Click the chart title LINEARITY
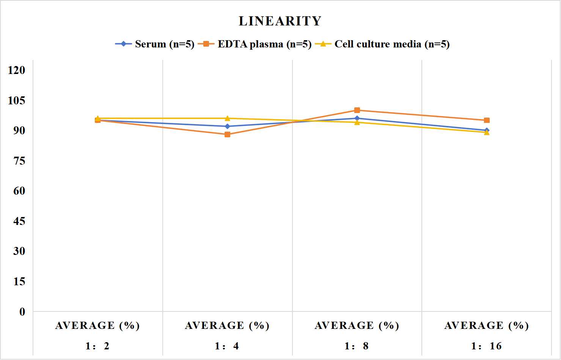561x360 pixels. click(280, 21)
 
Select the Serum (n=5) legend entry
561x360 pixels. click(155, 44)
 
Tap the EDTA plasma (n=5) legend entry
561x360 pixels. click(255, 44)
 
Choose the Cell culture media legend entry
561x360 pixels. click(382, 44)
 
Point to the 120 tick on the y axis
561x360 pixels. click(17, 70)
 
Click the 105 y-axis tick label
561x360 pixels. click(17, 101)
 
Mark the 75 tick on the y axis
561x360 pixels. click(19, 161)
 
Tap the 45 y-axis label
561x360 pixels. click(19, 221)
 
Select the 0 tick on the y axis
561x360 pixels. click(22, 312)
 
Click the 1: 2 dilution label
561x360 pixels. click(97, 346)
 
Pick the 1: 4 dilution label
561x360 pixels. click(227, 346)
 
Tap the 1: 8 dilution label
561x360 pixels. click(357, 346)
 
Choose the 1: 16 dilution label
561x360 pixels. click(486, 346)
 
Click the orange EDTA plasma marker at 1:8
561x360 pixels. click(357, 110)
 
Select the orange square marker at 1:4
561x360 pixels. click(228, 135)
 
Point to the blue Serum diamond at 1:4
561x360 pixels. click(228, 126)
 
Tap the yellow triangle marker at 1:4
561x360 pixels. click(228, 118)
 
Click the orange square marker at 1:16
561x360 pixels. click(487, 121)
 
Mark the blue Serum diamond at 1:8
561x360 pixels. click(357, 118)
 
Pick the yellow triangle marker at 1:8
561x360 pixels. click(357, 122)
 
